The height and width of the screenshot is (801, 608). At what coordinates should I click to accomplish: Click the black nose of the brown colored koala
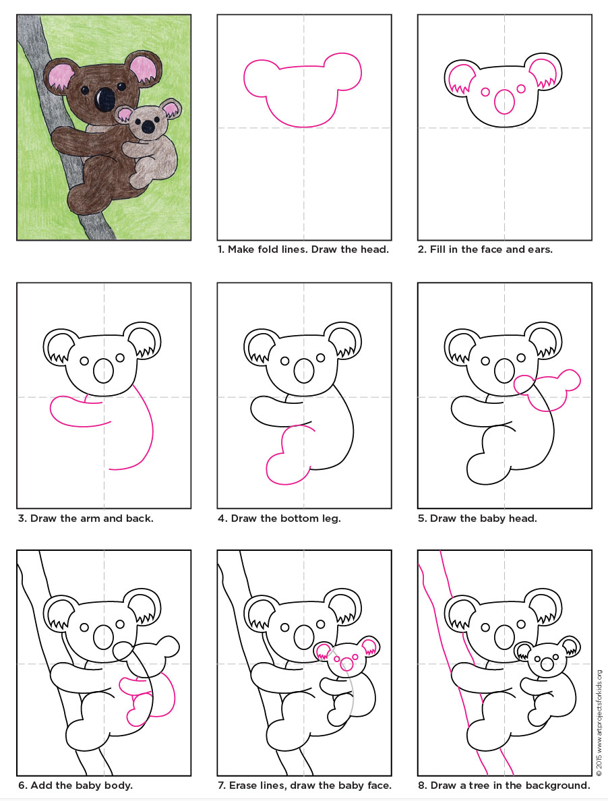pos(104,98)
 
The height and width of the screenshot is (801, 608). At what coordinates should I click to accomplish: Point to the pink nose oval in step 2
pos(504,101)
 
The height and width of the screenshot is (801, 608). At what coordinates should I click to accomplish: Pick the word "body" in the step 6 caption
pos(118,785)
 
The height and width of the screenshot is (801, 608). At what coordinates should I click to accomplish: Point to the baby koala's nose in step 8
pos(547,664)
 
